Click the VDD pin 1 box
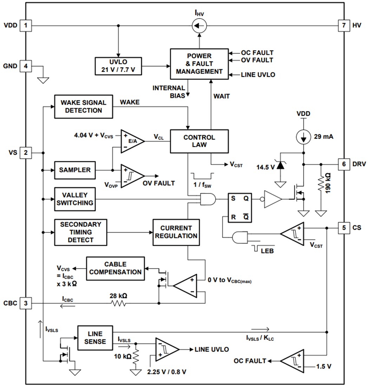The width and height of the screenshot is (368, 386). pos(25,25)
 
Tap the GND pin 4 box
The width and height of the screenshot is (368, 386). pos(25,66)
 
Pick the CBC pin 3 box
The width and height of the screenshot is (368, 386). pos(25,302)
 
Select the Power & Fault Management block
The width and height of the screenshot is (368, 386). pos(199,64)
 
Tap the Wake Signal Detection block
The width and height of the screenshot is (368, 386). pos(84,107)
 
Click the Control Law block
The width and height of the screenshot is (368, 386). pos(199,141)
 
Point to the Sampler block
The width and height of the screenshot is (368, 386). pos(75,170)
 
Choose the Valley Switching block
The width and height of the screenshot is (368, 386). pos(75,199)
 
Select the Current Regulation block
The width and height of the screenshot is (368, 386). pos(176,232)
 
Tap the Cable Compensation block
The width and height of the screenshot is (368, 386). pos(115,268)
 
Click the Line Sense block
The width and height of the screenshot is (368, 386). pos(95,337)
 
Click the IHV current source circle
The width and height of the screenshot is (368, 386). pos(199,25)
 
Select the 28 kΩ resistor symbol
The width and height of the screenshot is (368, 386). pos(118,302)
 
